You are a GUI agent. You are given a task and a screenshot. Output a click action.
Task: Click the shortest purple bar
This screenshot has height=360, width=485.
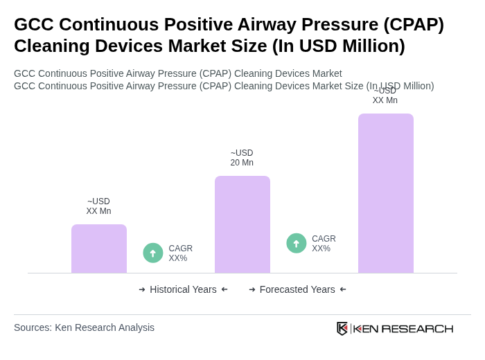(99, 249)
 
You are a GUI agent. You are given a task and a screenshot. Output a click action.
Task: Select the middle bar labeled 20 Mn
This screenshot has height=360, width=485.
(242, 224)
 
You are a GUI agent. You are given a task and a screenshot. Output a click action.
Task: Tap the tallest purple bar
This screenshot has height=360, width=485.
(386, 193)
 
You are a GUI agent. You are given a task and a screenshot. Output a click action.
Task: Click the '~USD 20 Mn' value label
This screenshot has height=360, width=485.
(242, 158)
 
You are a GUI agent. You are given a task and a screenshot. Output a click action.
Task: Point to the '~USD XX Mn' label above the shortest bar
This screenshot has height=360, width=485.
(98, 206)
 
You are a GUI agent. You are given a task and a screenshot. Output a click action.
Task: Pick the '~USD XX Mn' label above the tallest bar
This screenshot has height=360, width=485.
(385, 96)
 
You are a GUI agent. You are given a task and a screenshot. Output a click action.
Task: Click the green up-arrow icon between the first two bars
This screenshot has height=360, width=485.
(153, 253)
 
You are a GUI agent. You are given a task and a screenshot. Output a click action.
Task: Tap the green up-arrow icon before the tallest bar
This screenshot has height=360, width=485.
(297, 244)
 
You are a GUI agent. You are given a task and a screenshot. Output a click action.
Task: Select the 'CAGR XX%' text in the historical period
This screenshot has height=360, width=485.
(180, 253)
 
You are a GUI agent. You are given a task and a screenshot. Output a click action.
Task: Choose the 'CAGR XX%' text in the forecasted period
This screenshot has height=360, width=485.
(324, 244)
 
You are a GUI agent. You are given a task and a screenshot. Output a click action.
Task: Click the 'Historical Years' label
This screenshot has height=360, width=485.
(183, 289)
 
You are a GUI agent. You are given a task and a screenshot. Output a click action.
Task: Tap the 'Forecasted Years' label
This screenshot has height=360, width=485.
(297, 289)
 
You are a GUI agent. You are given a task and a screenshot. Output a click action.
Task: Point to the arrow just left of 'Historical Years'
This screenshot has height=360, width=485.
(142, 289)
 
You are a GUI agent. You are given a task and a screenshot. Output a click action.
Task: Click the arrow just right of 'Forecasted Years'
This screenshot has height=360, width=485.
(343, 289)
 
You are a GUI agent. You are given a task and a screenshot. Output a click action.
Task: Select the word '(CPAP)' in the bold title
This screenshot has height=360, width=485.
(414, 24)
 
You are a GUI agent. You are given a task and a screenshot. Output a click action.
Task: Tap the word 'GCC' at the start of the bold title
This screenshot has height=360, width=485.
(34, 24)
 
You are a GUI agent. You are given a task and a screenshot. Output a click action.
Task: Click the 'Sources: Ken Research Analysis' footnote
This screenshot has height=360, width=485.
(84, 327)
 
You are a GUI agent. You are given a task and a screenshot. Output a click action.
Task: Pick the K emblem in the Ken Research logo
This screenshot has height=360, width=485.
(342, 328)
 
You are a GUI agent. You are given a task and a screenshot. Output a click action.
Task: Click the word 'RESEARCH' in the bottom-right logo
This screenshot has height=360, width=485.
(417, 328)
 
